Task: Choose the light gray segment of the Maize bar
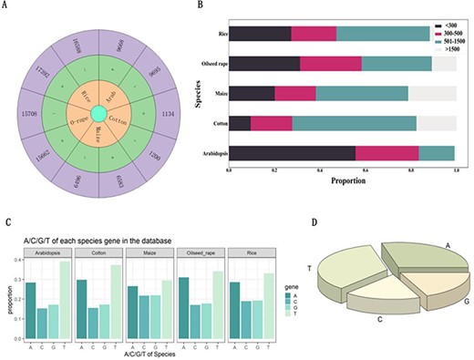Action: (x=432, y=93)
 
